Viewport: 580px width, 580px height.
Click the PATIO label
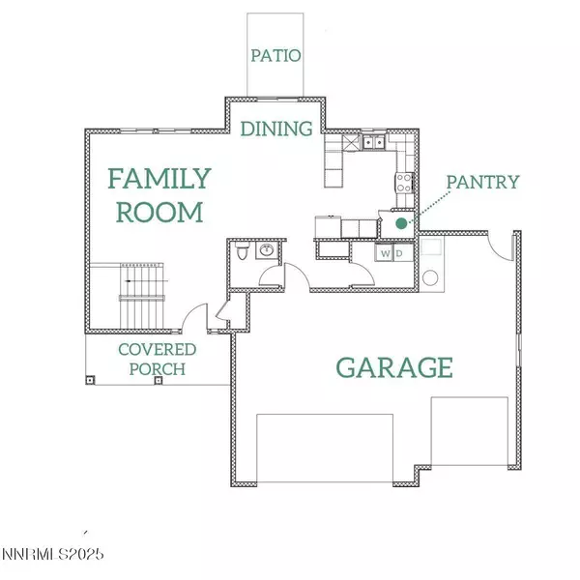[x=275, y=55]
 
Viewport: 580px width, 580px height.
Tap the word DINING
[x=276, y=129]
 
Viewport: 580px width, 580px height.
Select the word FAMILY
[x=159, y=179]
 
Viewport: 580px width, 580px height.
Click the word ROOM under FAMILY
[x=159, y=212]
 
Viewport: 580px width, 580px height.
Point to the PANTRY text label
[x=483, y=181]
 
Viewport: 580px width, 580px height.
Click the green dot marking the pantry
[x=401, y=224]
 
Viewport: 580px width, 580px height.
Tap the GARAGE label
[x=394, y=367]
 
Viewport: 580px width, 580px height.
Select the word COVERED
[x=158, y=349]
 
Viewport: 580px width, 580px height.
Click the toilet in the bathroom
[x=244, y=254]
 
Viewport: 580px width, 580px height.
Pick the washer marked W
[x=385, y=253]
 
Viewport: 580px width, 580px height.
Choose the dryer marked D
[x=400, y=253]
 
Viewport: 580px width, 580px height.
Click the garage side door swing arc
[x=500, y=248]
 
